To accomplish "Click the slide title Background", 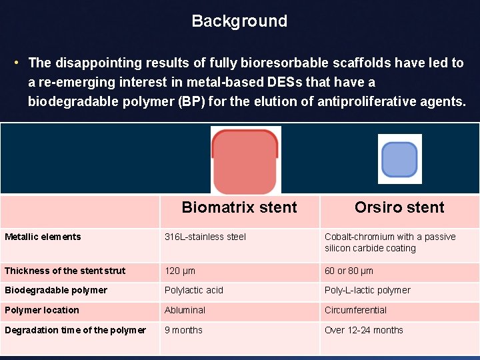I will (239, 21).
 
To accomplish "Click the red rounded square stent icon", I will (245, 160).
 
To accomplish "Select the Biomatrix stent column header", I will (239, 207).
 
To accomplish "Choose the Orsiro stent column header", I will (399, 207).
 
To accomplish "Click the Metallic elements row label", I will (43, 237).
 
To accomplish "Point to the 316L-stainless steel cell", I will (205, 237).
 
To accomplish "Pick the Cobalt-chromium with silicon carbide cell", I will (390, 243).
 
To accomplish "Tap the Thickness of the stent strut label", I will (65, 271).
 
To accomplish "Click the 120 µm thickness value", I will (180, 271).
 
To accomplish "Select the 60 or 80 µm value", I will (349, 271).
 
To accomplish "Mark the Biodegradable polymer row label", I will (55, 290).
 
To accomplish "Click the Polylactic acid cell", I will (194, 290).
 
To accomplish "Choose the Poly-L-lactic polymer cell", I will (367, 290).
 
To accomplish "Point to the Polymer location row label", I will (41, 310).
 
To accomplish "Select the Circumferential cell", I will (355, 310).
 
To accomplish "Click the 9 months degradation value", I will (183, 330).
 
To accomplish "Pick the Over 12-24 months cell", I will (363, 330).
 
